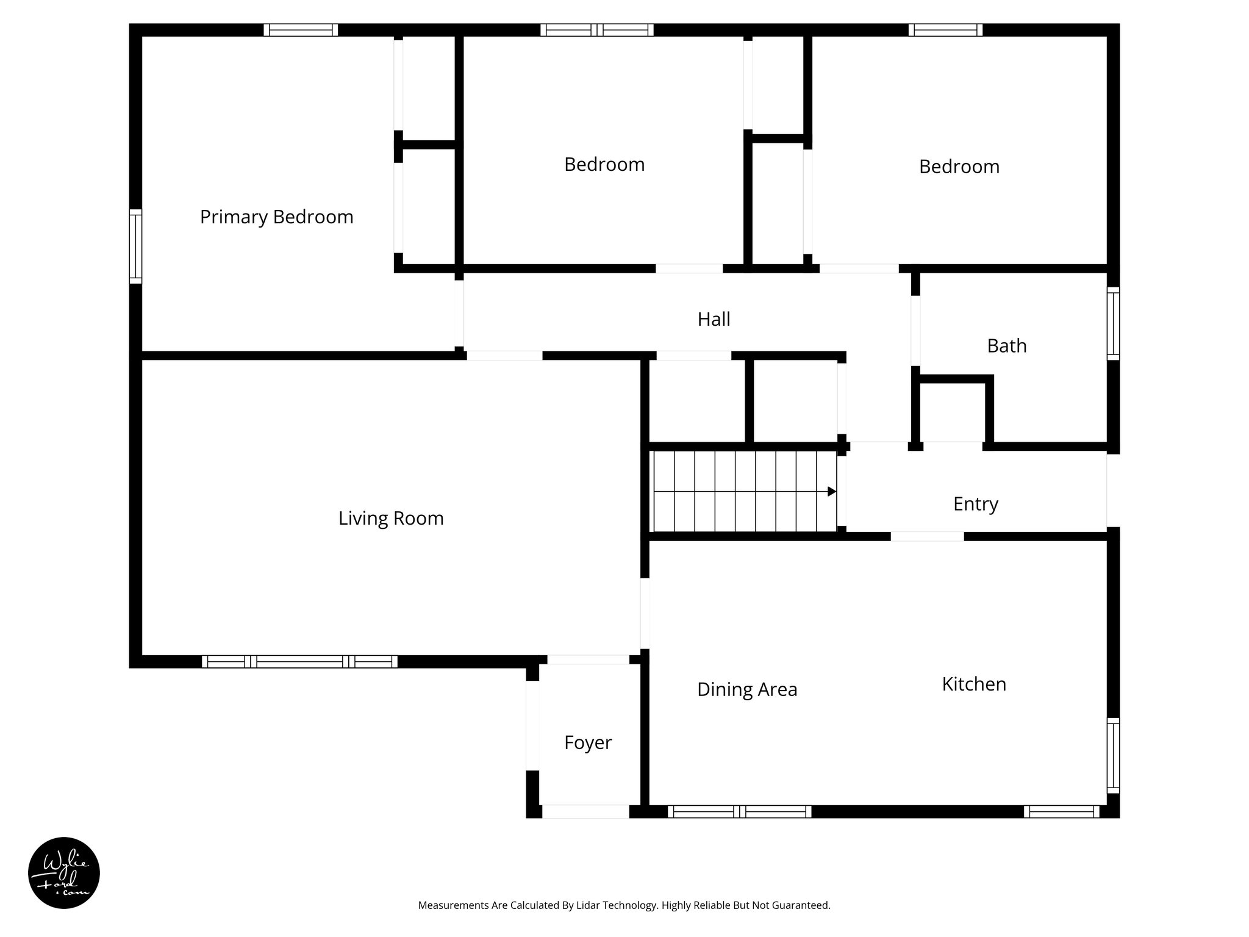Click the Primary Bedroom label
276,217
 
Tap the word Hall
714,319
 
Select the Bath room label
1006,346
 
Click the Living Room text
391,519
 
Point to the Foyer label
587,742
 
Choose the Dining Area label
746,689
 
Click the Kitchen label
973,684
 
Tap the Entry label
975,504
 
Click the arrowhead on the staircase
831,491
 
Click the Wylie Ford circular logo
64,873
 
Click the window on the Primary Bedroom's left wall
135,246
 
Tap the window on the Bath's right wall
1113,323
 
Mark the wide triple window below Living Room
299,661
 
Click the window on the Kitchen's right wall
1113,755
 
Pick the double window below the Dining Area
739,811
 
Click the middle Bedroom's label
604,165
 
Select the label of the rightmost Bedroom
959,167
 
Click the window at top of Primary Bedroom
301,30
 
